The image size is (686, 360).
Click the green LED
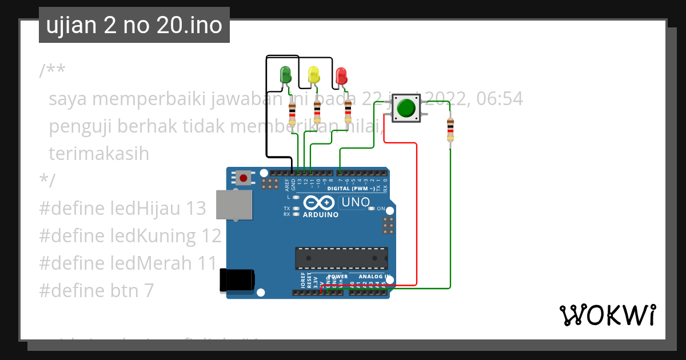coord(285,75)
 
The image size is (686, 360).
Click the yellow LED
coord(313,75)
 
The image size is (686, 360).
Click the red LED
coord(341,75)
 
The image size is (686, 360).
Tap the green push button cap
coord(406,108)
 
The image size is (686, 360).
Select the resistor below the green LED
coord(293,113)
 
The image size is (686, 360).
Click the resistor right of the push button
coord(450,130)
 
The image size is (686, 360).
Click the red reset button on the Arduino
coord(244,178)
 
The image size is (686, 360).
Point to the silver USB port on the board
coord(234,205)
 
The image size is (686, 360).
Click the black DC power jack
coord(238,280)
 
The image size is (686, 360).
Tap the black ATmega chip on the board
coord(341,258)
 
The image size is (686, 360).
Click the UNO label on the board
coord(356,202)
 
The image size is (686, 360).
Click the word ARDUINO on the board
coord(321,215)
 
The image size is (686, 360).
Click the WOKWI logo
coord(607,315)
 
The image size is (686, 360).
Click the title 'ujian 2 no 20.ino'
coord(134,25)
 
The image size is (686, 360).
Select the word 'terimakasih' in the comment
coord(99,154)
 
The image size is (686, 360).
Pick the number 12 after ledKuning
coord(211,236)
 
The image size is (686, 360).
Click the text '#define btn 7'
coord(97,291)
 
